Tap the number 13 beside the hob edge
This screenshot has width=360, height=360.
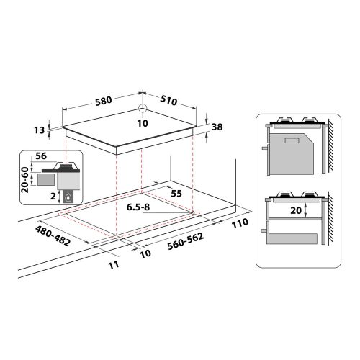point(39,130)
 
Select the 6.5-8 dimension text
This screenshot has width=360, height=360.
point(140,208)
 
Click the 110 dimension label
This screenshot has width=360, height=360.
point(240,222)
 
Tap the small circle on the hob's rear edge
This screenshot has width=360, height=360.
point(142,109)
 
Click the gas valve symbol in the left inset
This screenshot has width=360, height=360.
point(69,198)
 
